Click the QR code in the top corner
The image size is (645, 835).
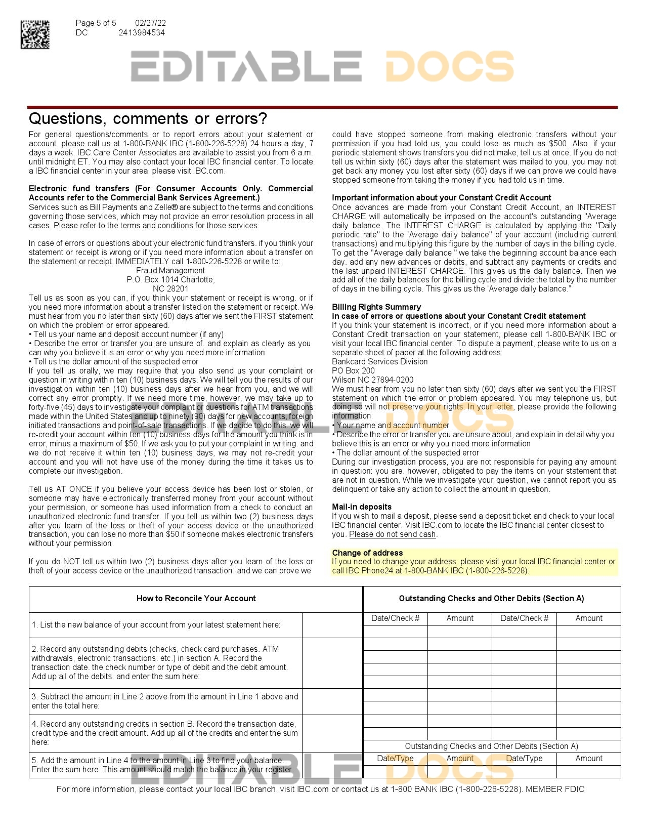pyautogui.click(x=35, y=34)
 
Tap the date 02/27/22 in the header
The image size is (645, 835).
pyautogui.click(x=150, y=23)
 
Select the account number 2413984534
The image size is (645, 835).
pyautogui.click(x=142, y=33)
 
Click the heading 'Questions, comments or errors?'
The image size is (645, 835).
pyautogui.click(x=148, y=118)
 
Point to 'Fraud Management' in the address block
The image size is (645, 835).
pyautogui.click(x=170, y=271)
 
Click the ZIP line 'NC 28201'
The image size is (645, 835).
pyautogui.click(x=170, y=289)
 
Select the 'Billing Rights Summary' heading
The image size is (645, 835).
pyautogui.click(x=376, y=307)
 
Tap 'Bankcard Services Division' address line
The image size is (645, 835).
pyautogui.click(x=379, y=362)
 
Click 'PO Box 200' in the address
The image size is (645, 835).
pyautogui.click(x=353, y=371)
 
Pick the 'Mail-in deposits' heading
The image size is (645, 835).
pyautogui.click(x=362, y=507)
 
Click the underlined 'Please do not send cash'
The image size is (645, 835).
pyautogui.click(x=393, y=534)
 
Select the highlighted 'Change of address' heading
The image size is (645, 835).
pyautogui.click(x=367, y=553)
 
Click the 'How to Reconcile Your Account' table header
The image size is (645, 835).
pyautogui.click(x=196, y=599)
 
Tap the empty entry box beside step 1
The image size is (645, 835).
pyautogui.click(x=332, y=625)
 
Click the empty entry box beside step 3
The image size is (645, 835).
pyautogui.click(x=332, y=701)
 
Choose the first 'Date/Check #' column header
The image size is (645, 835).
pyautogui.click(x=395, y=618)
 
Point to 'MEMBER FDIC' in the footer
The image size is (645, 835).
pyautogui.click(x=555, y=789)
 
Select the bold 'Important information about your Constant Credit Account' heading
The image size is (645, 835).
pyautogui.click(x=441, y=198)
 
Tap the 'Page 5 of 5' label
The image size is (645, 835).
pyautogui.click(x=96, y=23)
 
